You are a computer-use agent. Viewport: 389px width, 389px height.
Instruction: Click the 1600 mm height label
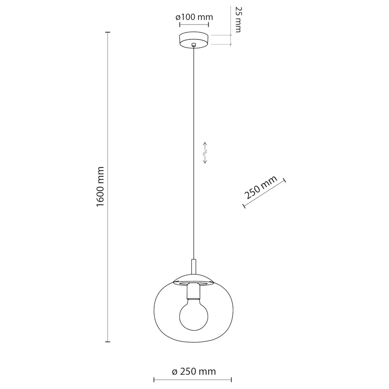(100, 187)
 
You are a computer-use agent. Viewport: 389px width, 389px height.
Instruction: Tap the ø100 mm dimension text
(194, 17)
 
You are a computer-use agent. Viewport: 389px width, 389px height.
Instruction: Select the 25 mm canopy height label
(238, 19)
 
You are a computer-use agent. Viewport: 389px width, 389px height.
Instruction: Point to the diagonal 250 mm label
(260, 188)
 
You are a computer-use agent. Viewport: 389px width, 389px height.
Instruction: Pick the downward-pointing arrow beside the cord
(205, 159)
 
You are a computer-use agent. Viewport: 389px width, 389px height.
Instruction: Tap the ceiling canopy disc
(194, 40)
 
